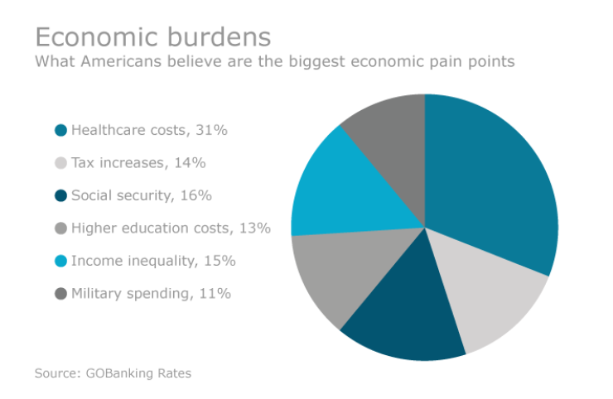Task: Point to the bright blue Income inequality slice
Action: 348,190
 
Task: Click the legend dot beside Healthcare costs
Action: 60,130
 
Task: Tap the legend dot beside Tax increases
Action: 60,163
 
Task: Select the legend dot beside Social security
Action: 60,195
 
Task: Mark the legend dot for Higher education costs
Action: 60,228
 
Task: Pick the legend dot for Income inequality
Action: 60,261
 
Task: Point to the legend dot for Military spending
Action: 60,293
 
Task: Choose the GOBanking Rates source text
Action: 138,373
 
